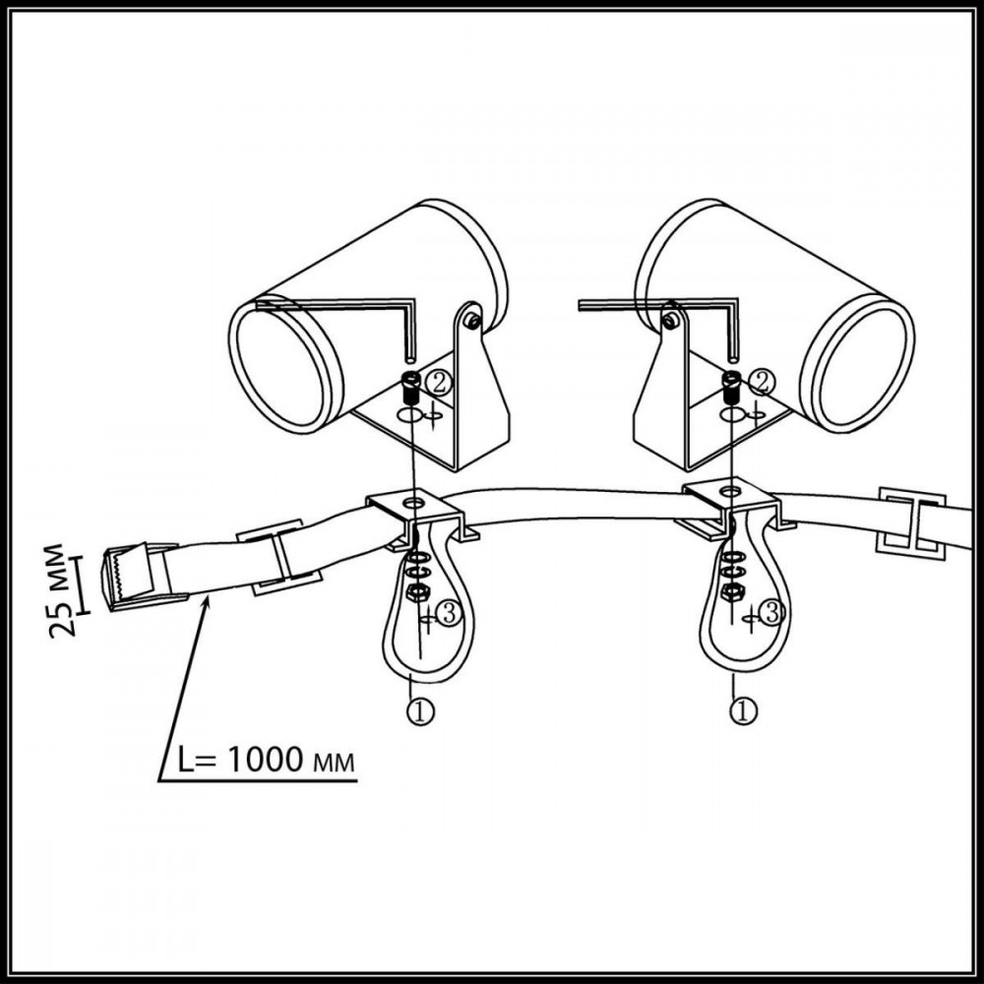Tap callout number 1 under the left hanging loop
421,711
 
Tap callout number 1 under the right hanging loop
744,711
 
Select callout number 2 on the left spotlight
438,382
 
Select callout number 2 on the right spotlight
762,381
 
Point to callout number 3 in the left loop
449,614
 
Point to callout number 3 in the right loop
771,613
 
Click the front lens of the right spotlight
859,367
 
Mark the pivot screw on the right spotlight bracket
671,321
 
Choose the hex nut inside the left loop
416,591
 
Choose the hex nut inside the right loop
732,590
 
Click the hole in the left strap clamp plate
412,503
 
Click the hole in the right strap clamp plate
728,490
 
